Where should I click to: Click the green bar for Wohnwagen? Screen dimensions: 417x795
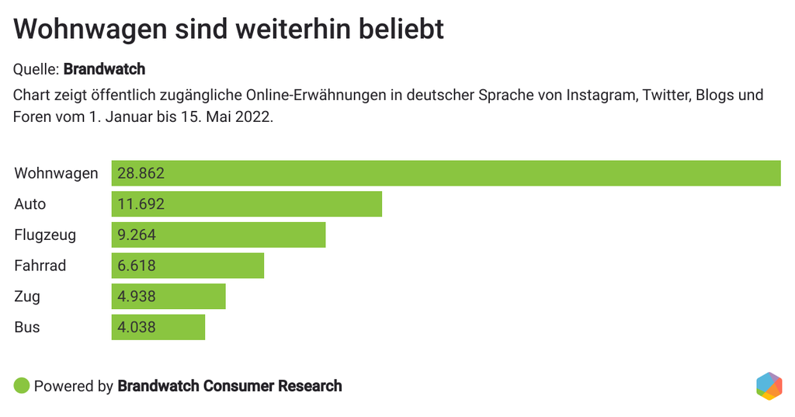coord(446,173)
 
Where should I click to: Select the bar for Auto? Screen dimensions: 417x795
coord(247,204)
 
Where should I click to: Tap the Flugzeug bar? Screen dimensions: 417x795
coord(218,235)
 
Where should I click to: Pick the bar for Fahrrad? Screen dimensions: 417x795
coord(188,266)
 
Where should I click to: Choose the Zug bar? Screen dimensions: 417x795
coord(168,297)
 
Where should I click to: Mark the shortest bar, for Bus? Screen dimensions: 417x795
coord(158,327)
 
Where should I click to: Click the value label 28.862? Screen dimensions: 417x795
coord(141,173)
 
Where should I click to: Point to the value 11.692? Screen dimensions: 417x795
coord(141,204)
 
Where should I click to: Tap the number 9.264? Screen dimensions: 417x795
coord(137,235)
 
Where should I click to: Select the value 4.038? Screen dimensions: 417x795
coord(137,327)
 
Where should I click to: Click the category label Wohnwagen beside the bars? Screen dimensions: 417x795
coord(56,173)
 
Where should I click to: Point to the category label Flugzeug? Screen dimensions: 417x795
coord(45,235)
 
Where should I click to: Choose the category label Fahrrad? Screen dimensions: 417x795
coord(40,266)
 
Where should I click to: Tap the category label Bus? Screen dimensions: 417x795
coord(27,327)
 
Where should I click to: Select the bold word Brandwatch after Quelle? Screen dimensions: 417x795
coord(104,69)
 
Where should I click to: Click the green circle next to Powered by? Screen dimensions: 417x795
coord(22,385)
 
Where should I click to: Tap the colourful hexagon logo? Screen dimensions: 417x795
coord(769,386)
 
